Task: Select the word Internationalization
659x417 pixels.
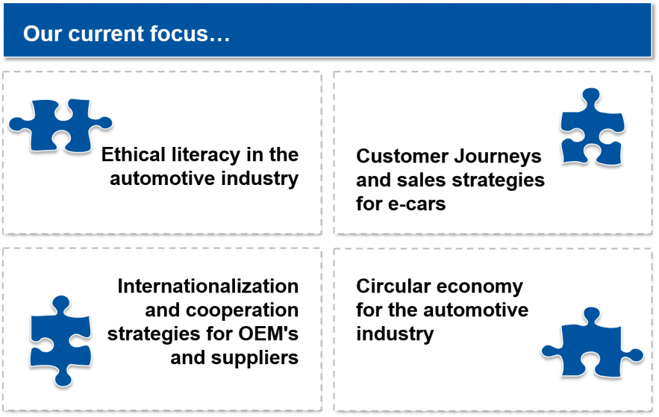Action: click(208, 286)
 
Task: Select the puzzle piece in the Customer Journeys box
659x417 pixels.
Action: click(591, 128)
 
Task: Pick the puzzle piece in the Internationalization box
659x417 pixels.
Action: click(59, 340)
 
